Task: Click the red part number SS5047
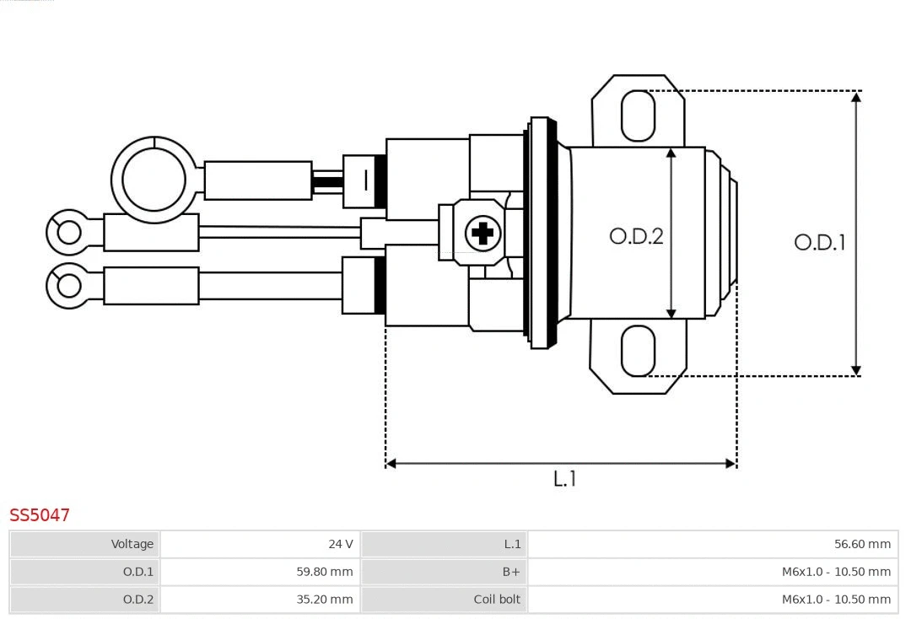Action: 40,514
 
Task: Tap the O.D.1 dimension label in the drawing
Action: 819,243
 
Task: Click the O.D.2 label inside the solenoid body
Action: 636,236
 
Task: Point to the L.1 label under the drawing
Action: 564,478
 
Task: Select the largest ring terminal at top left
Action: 154,180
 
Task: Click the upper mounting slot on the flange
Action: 638,116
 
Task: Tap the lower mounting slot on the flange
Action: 638,351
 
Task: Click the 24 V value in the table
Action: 341,544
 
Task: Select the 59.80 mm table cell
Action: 325,572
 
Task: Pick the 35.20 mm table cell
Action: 325,600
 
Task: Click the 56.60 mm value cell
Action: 862,544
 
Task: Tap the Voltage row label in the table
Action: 132,544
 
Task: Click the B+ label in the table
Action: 511,572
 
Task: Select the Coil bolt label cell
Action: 497,600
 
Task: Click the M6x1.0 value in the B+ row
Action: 835,572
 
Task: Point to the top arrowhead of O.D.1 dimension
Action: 856,97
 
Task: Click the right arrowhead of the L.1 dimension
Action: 730,463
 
